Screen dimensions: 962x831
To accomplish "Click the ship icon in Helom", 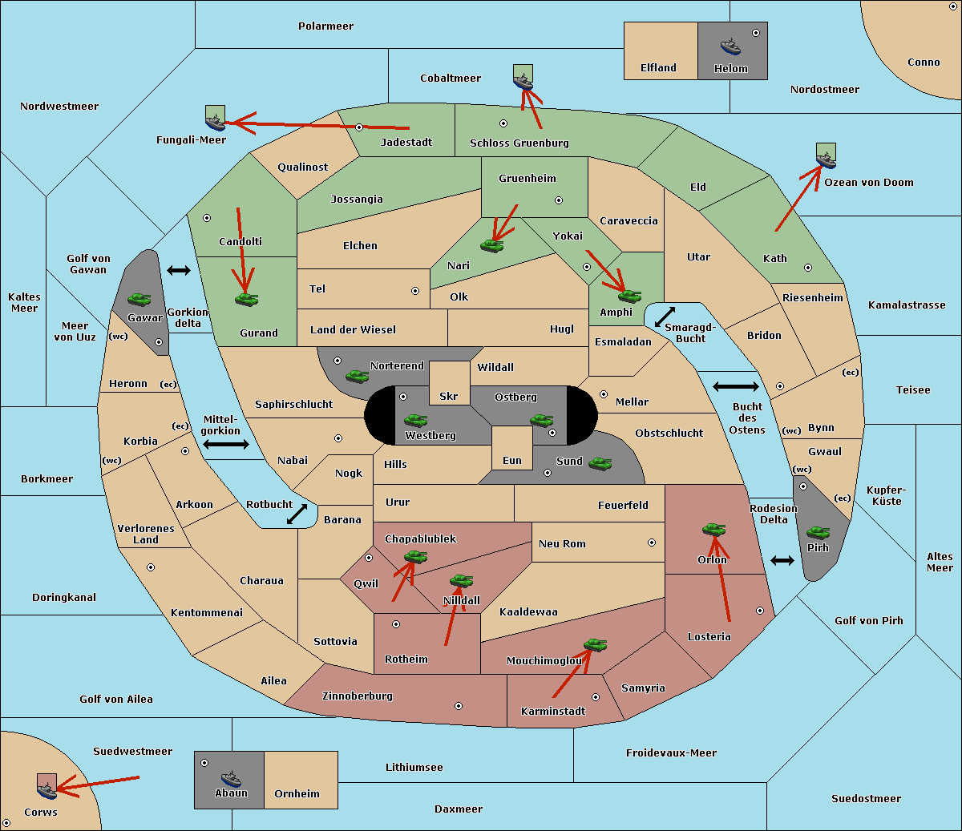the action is coord(730,46).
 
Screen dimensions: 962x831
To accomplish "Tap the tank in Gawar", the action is coord(139,299).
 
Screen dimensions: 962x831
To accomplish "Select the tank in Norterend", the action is coord(357,376).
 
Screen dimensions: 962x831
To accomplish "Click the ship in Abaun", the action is coord(231,779).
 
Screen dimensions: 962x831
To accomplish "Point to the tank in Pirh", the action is coord(819,532).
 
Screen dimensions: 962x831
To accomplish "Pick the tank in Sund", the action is coord(600,463).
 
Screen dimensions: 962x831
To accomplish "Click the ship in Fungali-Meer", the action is coord(215,122).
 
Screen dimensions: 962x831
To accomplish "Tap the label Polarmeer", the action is coord(325,26).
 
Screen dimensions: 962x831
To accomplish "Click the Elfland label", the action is coord(658,68).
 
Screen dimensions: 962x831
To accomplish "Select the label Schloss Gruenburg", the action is coord(519,143).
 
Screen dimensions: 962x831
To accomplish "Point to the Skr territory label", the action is coord(449,396).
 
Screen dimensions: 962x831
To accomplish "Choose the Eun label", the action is coord(512,460).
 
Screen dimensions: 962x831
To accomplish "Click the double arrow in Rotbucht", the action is coord(297,514).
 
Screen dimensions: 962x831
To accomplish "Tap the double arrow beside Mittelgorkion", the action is coord(226,444).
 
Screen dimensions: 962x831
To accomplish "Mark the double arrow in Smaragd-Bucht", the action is coord(665,317).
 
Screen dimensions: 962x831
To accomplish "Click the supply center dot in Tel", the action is coord(415,291).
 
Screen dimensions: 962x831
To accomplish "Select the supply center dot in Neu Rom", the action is coord(652,543).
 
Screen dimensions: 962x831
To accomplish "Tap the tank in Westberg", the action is coord(415,420).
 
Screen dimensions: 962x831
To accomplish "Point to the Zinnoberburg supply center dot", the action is coord(459,706).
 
